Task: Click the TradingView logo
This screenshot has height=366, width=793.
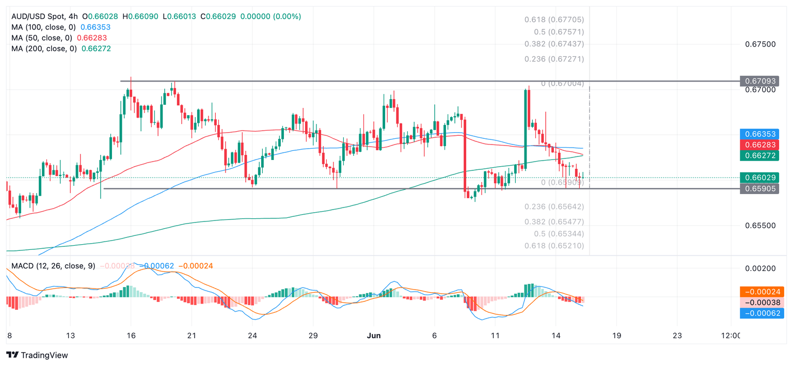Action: coord(37,355)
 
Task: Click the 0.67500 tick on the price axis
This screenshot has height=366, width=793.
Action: coord(760,44)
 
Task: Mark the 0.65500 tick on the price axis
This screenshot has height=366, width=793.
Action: coord(760,226)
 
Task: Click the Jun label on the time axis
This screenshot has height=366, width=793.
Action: coord(374,336)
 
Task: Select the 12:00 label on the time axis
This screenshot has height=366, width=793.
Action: coord(729,336)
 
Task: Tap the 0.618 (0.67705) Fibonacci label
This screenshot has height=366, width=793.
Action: coord(554,20)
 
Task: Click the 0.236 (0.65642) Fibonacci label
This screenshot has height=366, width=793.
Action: coord(554,206)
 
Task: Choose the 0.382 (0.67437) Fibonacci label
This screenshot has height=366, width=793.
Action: coord(554,44)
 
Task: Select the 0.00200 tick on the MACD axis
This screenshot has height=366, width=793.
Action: coord(760,268)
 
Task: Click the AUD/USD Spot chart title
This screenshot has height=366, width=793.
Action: coord(43,17)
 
